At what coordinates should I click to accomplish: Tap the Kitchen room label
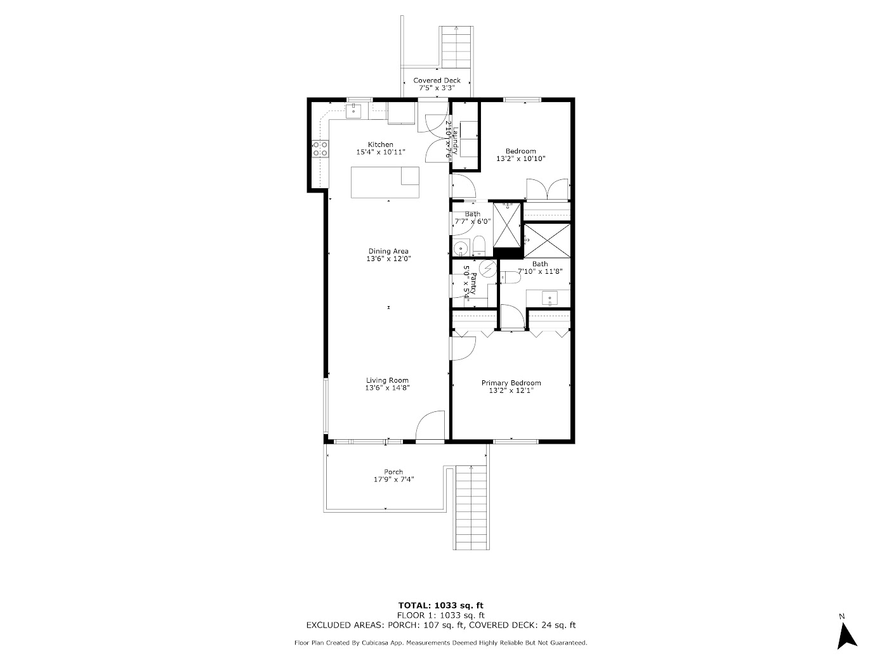pos(381,144)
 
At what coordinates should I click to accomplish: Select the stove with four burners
pos(320,149)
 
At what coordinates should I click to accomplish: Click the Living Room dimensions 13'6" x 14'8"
pos(387,388)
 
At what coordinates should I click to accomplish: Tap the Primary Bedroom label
pos(511,383)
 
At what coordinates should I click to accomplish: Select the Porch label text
pos(393,472)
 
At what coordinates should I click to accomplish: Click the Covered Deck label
pos(437,80)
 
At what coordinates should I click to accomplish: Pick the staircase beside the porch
pos(472,508)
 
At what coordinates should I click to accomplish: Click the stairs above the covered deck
pos(456,47)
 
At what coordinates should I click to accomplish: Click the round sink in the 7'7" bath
pos(461,247)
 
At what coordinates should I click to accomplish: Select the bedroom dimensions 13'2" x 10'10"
pos(520,159)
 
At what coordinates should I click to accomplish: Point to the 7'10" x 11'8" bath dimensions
pos(540,271)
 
